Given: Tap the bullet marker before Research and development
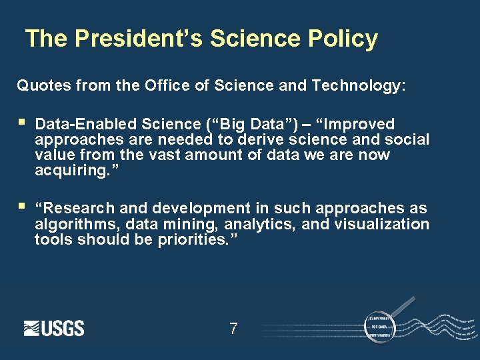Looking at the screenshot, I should tap(22, 207).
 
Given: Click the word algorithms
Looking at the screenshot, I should tap(69, 224).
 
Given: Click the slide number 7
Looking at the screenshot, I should tap(233, 329).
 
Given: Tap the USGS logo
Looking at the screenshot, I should tap(54, 328).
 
